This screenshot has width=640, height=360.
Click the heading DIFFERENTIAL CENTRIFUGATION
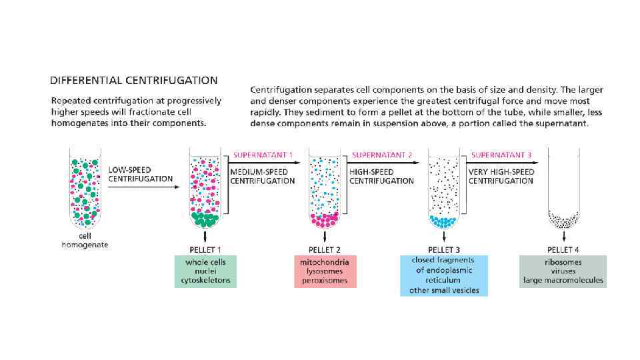point(134,81)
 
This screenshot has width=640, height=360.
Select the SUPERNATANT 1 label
point(263,155)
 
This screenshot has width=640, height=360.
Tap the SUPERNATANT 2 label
point(382,155)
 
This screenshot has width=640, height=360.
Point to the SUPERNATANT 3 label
point(501,155)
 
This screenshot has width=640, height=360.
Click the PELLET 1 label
point(206,249)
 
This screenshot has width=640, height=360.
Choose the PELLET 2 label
point(325,249)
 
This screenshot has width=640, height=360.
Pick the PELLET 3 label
point(444,249)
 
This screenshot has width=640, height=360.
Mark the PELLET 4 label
point(563,249)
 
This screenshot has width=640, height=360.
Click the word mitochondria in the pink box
point(325,262)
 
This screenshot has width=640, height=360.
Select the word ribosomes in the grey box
point(563,262)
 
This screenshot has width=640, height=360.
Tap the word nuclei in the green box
point(206,271)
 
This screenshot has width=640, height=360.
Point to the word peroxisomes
point(325,281)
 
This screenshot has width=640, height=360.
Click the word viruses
point(563,271)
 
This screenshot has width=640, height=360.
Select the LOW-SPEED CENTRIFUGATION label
point(141,174)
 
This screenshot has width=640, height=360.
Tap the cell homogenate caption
point(85,240)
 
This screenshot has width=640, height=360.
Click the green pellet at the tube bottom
point(205,218)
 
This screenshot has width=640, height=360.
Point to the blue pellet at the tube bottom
point(443,220)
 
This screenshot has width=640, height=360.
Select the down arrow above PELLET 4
point(563,235)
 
